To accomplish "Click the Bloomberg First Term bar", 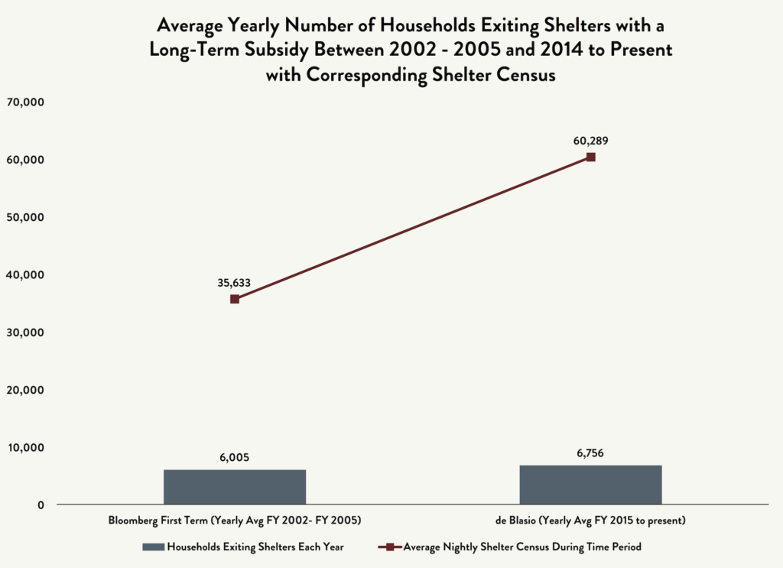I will click(x=234, y=486).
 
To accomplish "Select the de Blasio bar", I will click(x=590, y=484).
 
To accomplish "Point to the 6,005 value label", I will click(x=234, y=458).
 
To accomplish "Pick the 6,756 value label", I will click(x=590, y=453).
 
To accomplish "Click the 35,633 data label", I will click(x=234, y=282).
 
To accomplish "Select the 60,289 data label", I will click(x=590, y=141).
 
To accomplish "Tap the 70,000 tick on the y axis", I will click(x=26, y=102).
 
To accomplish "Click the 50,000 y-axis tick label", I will click(x=26, y=217).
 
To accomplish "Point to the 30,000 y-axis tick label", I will click(x=26, y=333).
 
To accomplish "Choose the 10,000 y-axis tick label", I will click(x=26, y=447).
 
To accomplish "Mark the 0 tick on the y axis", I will click(x=40, y=505).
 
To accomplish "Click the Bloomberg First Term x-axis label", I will click(x=234, y=521).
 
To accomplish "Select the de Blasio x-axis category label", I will click(x=590, y=521).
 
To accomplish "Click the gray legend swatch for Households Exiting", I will click(x=152, y=547).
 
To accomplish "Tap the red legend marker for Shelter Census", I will click(x=389, y=547).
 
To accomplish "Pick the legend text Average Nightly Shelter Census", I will click(x=522, y=547).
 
